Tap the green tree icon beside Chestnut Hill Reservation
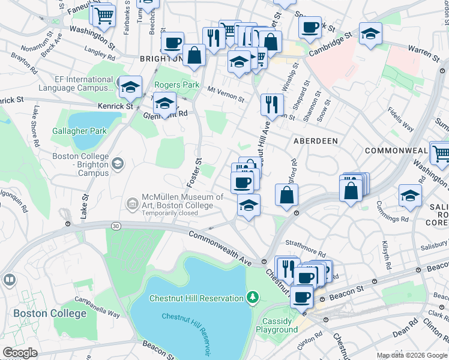click(253, 298)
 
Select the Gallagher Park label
click(79, 131)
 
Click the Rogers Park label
click(177, 85)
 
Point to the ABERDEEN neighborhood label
click(315, 140)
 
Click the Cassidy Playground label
click(277, 325)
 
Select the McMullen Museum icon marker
click(132, 204)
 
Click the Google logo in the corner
click(20, 352)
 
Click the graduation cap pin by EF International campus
click(130, 88)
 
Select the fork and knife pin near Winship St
click(272, 104)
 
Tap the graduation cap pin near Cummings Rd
click(410, 196)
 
